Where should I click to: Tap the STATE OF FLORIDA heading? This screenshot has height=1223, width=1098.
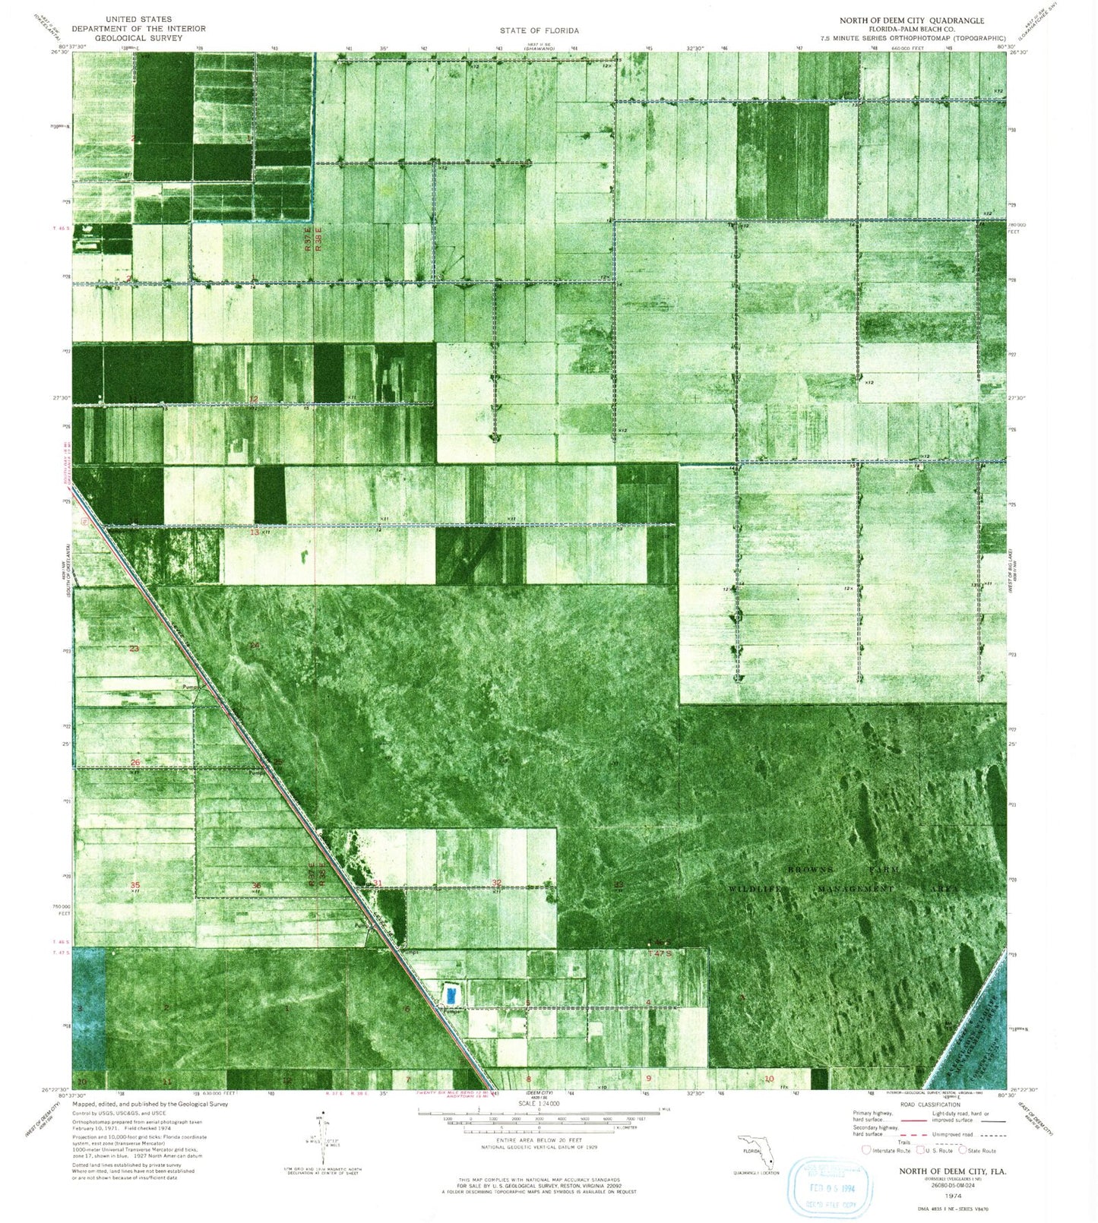540,30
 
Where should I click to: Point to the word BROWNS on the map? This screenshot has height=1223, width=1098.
811,868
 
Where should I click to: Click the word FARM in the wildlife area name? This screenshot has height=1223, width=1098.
885,868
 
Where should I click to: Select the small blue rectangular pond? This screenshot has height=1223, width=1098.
452,993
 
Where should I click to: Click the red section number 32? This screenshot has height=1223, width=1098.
497,882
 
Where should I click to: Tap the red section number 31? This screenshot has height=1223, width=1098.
378,883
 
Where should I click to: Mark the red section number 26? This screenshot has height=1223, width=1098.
135,762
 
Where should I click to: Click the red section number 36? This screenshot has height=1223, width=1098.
257,885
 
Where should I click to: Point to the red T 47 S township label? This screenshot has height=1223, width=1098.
660,953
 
